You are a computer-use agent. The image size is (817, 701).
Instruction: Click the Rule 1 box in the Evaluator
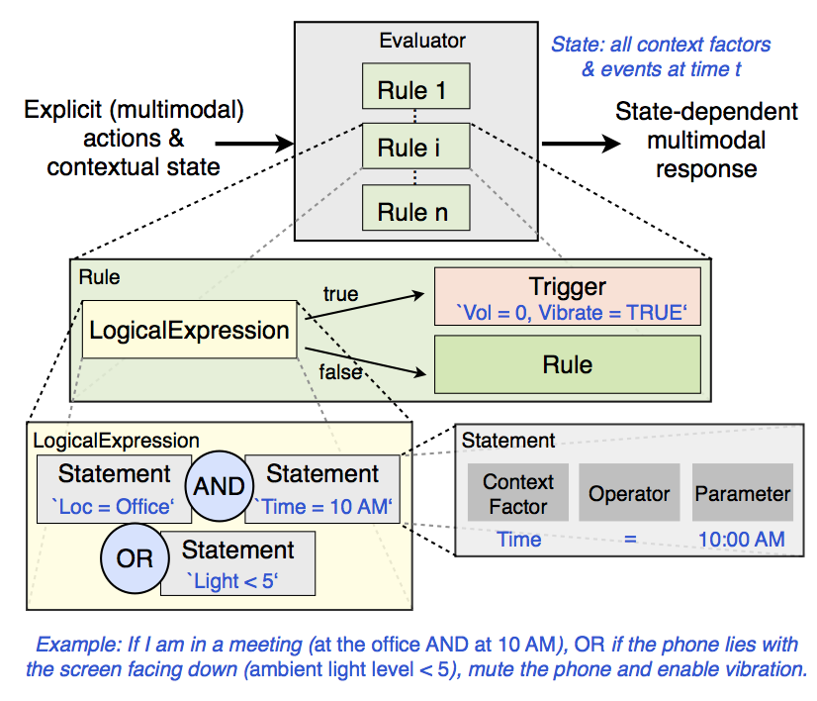(x=411, y=91)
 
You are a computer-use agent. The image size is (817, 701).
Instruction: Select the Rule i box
(x=411, y=150)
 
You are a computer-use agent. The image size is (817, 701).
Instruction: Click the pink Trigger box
(x=567, y=296)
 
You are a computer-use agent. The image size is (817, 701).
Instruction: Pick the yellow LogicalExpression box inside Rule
(x=190, y=331)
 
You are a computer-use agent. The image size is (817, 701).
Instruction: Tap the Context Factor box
(x=518, y=493)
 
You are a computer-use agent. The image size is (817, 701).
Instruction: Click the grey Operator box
(x=629, y=493)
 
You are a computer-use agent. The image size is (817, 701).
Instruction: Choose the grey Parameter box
(x=742, y=493)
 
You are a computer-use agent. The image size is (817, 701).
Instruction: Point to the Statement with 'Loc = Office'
(x=113, y=489)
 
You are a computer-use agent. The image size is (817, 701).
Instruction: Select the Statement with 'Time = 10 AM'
(x=322, y=489)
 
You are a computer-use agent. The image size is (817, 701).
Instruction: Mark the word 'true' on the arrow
(x=341, y=294)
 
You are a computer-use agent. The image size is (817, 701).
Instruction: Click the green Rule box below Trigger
(x=567, y=364)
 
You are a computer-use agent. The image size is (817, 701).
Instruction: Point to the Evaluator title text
(x=422, y=41)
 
